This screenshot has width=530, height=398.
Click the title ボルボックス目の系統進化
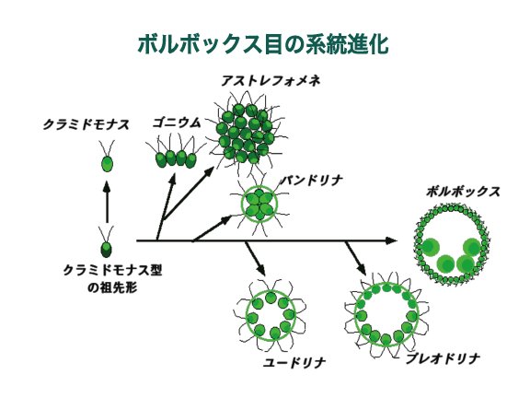coord(263,44)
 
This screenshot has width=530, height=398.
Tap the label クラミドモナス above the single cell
coord(86,125)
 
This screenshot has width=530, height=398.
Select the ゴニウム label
coord(177,123)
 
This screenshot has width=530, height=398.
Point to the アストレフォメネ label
coord(271,81)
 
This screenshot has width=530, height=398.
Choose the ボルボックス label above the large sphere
coord(463,192)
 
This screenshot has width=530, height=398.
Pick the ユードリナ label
coord(294,363)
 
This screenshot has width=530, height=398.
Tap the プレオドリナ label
coord(444,358)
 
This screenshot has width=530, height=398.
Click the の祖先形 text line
coord(112,288)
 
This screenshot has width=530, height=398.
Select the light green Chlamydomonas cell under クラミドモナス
coord(107,164)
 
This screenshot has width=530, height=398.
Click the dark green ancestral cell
coord(106,250)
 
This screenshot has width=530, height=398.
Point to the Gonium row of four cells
coord(176,159)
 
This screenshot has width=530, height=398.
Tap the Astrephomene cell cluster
coord(246,133)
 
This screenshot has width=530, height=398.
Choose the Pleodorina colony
coord(386,314)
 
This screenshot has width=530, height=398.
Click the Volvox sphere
coord(452,243)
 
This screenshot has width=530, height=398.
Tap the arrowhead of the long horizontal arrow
coord(391,240)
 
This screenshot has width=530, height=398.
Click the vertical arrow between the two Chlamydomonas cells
coord(107,203)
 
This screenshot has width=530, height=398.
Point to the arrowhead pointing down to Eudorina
coord(261,270)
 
